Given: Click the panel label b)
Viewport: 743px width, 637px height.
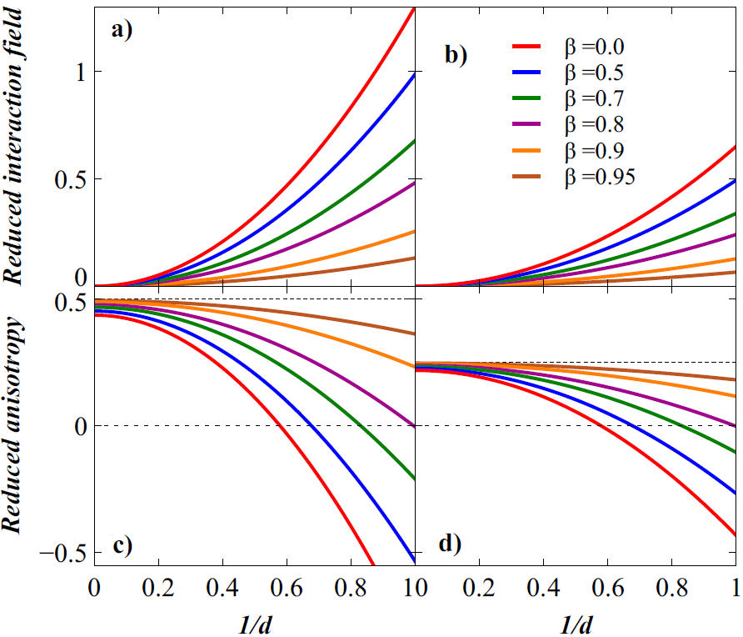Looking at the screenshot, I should pos(456,56).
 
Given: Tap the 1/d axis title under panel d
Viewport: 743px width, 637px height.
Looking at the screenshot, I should pos(575,621).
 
